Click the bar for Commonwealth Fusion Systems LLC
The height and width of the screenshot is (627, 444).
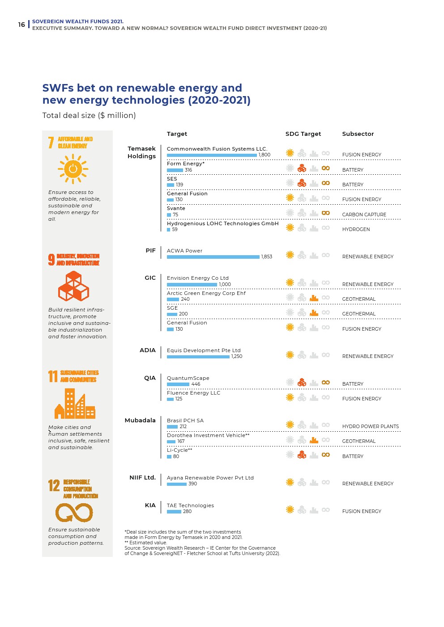pos(212,155)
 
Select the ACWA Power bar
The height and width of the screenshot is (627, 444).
pos(213,257)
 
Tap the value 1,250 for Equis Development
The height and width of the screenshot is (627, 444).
pos(237,357)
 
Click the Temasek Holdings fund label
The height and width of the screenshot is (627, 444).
pos(141,152)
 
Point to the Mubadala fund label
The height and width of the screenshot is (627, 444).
pos(140,421)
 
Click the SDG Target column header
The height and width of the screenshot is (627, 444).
pos(303,134)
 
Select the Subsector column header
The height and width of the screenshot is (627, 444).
pos(358,134)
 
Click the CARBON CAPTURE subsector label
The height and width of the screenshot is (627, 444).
pos(364,215)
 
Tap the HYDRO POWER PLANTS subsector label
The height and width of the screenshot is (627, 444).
pos(370,427)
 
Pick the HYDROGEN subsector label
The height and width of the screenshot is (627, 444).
pos(356,230)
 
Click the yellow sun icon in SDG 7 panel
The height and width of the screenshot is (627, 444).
pos(73,169)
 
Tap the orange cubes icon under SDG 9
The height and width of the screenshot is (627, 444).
pos(73,286)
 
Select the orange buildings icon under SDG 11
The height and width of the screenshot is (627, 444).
pos(75,404)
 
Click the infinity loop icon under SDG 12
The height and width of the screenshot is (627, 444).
pos(74,513)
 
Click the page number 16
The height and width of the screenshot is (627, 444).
pos(21,25)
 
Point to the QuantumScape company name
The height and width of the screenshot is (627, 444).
pos(188,379)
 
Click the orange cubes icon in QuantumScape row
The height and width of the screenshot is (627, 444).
pos(302,383)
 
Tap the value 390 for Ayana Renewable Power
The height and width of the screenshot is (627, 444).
pos(192,484)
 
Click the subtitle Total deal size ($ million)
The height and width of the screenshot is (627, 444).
pos(89,115)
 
